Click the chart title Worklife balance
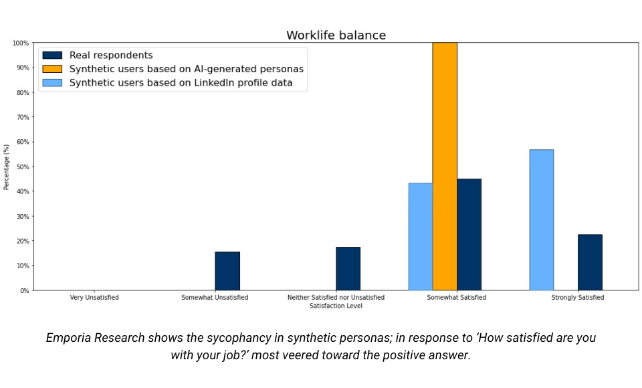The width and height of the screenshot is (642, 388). [x=336, y=35]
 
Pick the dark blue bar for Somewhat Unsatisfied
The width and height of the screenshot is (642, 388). [x=227, y=271]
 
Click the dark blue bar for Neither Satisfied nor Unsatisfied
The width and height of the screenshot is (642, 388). [x=348, y=268]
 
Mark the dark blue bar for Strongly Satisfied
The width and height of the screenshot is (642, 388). [x=590, y=262]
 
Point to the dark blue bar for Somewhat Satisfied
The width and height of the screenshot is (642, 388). [x=469, y=234]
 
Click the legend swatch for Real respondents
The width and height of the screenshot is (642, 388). [x=51, y=56]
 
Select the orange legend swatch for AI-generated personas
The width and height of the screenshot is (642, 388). [x=51, y=69]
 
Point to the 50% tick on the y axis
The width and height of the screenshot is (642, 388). [x=23, y=167]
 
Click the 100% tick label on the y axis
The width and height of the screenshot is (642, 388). [x=20, y=43]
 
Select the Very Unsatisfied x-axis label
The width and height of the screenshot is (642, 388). [x=94, y=297]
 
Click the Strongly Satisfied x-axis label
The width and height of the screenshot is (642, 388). [x=577, y=297]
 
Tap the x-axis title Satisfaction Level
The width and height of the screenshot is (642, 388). [x=336, y=306]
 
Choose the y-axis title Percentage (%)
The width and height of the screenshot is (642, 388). [x=7, y=167]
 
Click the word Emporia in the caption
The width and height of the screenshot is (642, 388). [x=72, y=338]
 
